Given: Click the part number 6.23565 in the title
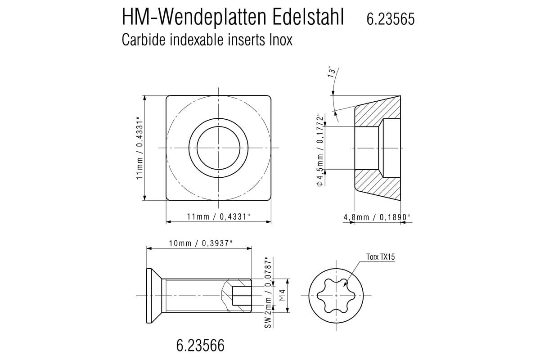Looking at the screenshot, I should (x=391, y=19).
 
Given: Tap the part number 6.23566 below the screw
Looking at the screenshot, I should (x=200, y=346).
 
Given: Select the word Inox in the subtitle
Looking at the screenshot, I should (x=281, y=40).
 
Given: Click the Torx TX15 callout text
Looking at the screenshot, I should (x=380, y=257).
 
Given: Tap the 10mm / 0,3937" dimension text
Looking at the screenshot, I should (x=201, y=243).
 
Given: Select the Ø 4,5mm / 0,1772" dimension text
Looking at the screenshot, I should (x=320, y=149).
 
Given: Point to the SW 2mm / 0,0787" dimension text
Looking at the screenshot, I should (x=269, y=293).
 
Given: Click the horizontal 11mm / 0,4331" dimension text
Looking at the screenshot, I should (x=219, y=217).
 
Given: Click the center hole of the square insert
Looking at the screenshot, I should (x=218, y=148).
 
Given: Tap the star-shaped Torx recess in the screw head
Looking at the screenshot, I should (x=336, y=295).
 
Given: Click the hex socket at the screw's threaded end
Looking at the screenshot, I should (x=241, y=295).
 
